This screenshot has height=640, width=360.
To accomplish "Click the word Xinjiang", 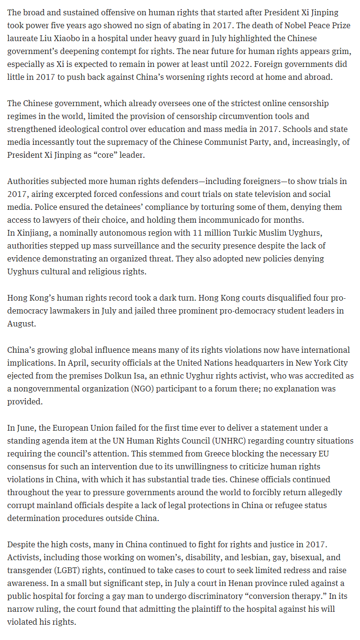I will [33, 233].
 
